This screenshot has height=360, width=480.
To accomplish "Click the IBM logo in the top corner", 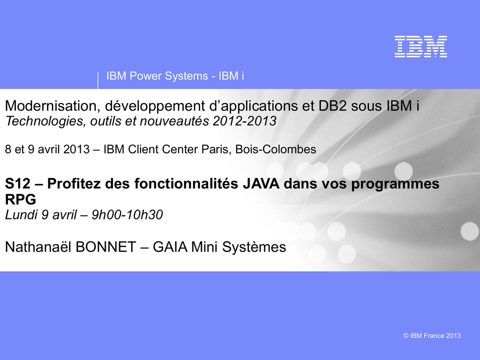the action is coord(421,46).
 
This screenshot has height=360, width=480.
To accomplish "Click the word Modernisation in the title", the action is coord(51,105).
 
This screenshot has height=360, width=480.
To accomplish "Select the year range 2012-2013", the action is coord(245,121).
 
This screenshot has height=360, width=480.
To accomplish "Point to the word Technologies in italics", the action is coord(45,121).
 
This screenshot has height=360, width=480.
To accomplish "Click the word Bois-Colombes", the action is coord(276,150).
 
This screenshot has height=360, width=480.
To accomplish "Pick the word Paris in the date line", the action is coord(217,150).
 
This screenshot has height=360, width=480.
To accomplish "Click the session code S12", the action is coord(18,184).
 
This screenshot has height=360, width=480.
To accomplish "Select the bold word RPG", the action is coord(21,199).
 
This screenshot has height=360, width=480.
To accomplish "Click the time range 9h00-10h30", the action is coord(127,215).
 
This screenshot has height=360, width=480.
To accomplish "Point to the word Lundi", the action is coord(21,215).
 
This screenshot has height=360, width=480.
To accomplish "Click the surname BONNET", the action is coord(105,247).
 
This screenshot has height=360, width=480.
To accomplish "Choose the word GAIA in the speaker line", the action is coord(170,247).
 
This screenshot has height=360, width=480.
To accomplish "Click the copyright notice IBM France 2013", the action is coord(432,336).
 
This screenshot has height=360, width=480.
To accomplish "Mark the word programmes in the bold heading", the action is coord(395,184).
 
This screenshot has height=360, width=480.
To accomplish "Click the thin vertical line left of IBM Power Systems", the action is coord(98,81).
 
